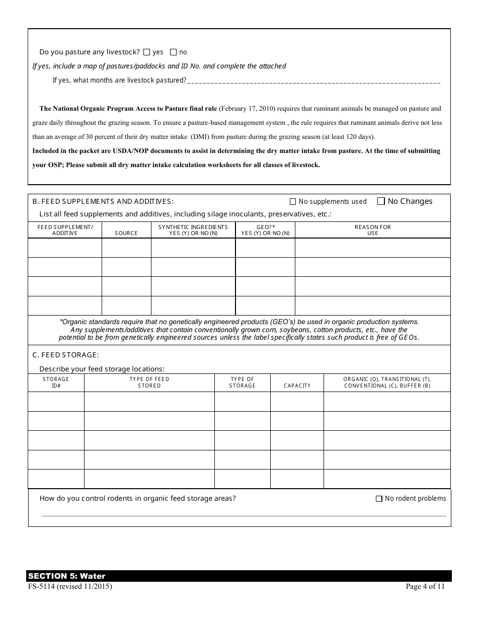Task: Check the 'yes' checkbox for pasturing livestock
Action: point(147,52)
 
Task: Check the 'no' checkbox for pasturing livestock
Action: point(174,52)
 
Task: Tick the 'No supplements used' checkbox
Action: point(293,202)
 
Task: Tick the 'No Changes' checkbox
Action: point(381,201)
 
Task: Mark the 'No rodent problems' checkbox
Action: point(379,499)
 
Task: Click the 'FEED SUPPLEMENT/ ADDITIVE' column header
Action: point(65,230)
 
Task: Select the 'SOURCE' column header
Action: point(126,233)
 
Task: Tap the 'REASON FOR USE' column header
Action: point(372,230)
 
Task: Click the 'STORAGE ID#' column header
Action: point(56,382)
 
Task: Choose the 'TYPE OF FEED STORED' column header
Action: point(149,382)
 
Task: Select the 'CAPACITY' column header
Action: point(297,385)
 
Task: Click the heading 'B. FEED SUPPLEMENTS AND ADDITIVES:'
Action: point(103,201)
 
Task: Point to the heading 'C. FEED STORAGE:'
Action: point(65,355)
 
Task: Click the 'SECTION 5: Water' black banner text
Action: point(67,576)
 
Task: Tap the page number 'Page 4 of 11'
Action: point(425,586)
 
